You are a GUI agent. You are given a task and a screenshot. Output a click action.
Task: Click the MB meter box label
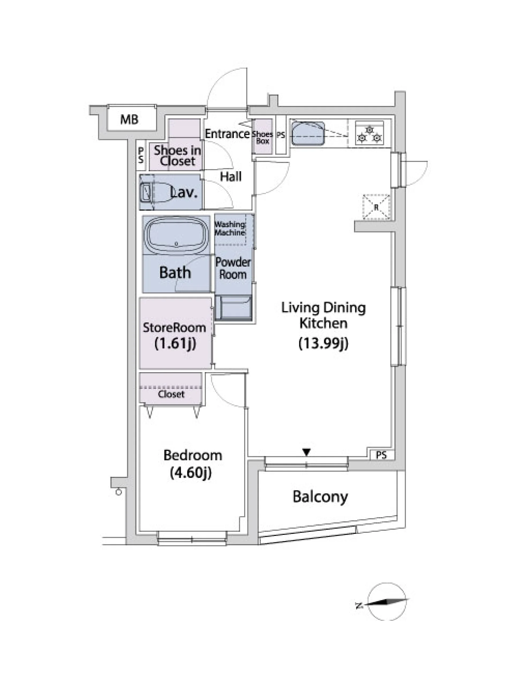[129, 119]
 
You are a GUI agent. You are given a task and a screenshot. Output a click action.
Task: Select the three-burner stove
[369, 134]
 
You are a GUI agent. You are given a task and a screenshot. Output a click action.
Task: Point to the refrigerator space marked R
[376, 207]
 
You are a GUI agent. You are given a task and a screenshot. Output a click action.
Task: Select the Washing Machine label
[230, 228]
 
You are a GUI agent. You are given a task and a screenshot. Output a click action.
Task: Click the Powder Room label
[233, 268]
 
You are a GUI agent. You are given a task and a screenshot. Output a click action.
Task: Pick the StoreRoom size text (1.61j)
[175, 343]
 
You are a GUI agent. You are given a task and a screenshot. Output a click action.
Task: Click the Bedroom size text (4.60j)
[191, 472]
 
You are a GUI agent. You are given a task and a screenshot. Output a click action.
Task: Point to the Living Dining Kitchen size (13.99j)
[323, 343]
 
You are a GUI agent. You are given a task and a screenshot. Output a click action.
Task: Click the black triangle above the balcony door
[307, 452]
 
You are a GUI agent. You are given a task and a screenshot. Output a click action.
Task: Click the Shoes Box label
[262, 138]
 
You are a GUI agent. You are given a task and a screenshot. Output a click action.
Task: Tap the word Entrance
[227, 134]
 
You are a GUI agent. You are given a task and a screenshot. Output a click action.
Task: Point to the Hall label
[231, 177]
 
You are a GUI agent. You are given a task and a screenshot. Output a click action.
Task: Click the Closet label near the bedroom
[171, 394]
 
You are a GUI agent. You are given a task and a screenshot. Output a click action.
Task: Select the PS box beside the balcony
[381, 455]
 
